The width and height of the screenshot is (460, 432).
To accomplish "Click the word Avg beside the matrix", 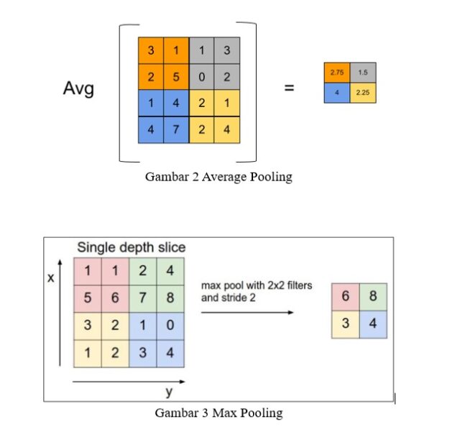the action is (x=78, y=88).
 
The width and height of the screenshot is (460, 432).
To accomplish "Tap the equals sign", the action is (x=289, y=88).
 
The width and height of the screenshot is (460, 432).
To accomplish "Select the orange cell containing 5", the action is (x=176, y=77).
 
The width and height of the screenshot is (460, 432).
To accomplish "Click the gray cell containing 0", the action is (x=201, y=77).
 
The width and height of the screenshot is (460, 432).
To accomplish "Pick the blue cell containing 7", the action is (x=176, y=129).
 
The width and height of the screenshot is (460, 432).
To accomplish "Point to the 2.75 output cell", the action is (x=337, y=73).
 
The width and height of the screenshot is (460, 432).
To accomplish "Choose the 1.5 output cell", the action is (x=363, y=73).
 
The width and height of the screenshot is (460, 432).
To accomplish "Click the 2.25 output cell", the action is (x=363, y=93).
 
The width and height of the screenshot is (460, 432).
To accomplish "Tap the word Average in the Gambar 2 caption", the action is (x=224, y=178).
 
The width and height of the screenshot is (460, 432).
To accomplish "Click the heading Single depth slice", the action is (x=131, y=248).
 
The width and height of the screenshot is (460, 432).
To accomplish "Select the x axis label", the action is (x=51, y=277).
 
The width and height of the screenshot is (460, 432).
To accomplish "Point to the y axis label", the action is (x=169, y=392).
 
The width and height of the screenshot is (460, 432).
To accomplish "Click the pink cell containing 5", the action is (x=88, y=298).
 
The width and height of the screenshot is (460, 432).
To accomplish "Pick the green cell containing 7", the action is (x=142, y=298).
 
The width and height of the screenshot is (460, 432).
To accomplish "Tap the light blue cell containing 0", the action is (x=170, y=325).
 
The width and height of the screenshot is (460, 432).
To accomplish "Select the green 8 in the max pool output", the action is (x=373, y=296).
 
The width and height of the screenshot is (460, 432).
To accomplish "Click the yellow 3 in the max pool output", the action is (x=346, y=324).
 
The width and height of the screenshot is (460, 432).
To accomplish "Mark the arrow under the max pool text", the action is (x=247, y=312).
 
